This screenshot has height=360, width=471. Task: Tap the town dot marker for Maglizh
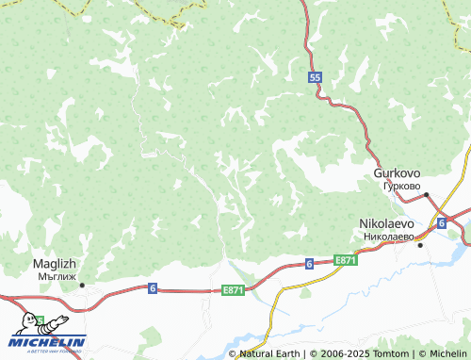82,285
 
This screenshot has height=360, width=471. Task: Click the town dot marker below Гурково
426,195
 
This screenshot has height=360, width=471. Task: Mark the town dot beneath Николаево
420,245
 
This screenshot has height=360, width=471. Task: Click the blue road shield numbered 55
315,78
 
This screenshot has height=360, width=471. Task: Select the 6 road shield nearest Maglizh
152,287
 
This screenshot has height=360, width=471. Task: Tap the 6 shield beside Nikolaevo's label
441,222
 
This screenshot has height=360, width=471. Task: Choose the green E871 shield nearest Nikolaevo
346,259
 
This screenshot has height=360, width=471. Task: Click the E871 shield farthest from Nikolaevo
233,290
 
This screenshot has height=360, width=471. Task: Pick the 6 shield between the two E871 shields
308,265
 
